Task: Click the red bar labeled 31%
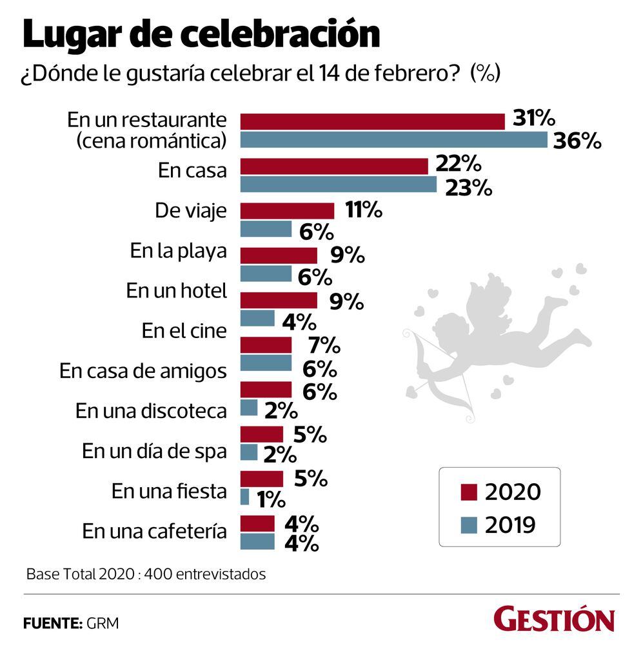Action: coord(372,121)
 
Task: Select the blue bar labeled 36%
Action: coord(393,139)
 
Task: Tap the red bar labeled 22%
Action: coord(334,166)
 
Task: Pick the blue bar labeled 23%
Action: coord(338,185)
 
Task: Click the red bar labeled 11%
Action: coord(287,211)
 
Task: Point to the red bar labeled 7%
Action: coord(266,345)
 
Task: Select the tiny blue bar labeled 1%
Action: coord(244,497)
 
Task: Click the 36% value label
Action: coord(575,141)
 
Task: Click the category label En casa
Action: coord(192,171)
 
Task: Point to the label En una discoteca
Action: coord(151,411)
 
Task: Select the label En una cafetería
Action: coord(154,532)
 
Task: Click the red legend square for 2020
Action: coord(469,492)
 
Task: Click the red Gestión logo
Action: coord(554,620)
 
